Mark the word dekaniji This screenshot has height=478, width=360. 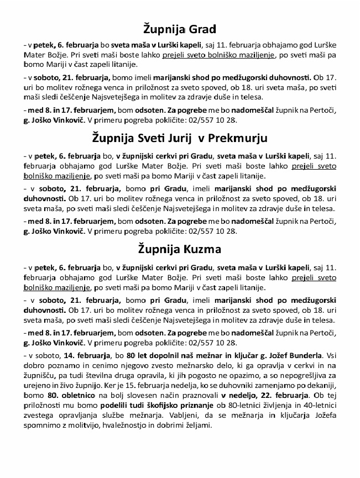click(320, 385)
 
